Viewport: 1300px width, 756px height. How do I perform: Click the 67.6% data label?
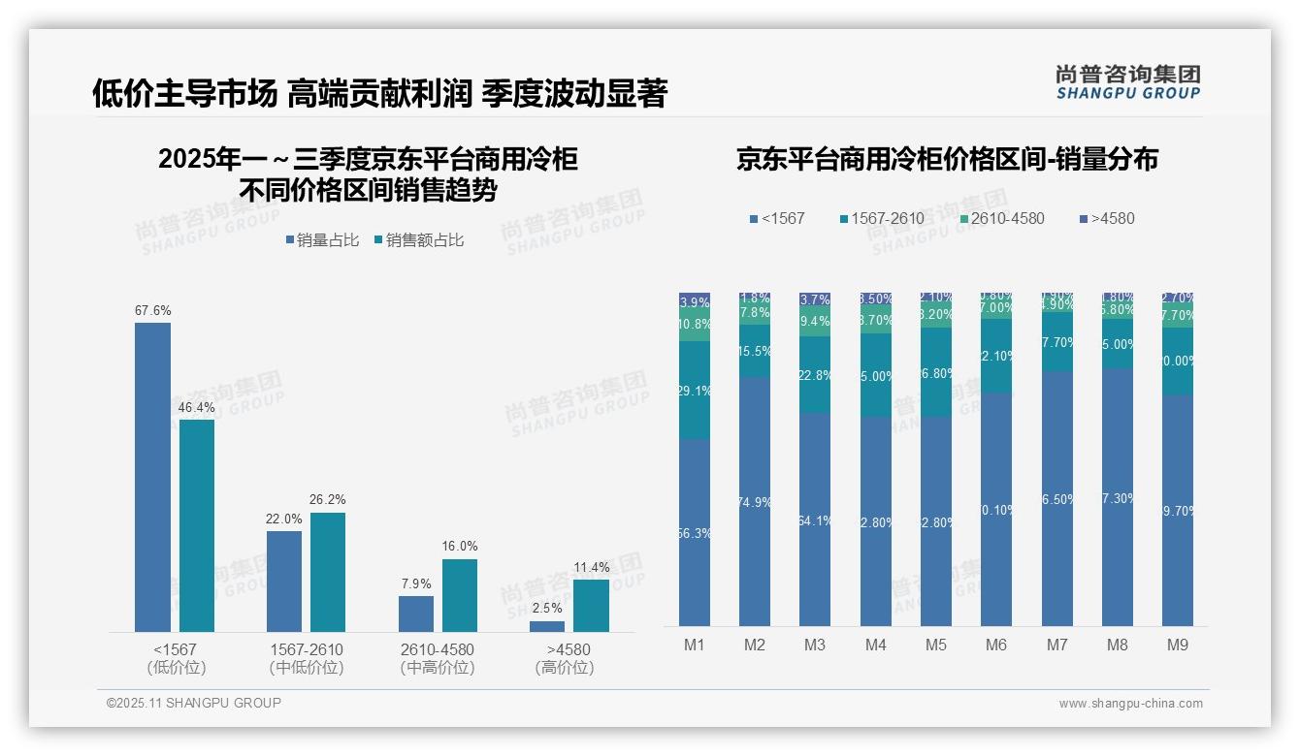tap(153, 311)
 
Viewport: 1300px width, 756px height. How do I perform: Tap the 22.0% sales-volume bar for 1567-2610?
tap(284, 581)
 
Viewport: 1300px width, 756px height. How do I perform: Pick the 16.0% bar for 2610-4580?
tap(460, 595)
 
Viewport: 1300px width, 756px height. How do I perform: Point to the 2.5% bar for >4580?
tap(547, 626)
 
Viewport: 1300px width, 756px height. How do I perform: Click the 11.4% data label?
tap(592, 567)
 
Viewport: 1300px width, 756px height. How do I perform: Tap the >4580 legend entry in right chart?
tap(1105, 219)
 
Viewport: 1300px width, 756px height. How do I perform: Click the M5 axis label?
tap(935, 646)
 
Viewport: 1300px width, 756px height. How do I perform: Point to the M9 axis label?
tap(1177, 646)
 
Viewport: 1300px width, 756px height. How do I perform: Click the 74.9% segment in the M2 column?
tap(755, 501)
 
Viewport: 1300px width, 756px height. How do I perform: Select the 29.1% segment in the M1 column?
tap(695, 391)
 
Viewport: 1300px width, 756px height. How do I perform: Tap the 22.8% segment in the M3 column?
tap(815, 375)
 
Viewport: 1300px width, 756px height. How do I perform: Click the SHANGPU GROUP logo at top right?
tap(1127, 82)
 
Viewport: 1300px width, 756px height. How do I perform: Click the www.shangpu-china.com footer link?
tap(1130, 704)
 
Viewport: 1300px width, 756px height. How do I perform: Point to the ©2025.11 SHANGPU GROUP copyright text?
tap(194, 704)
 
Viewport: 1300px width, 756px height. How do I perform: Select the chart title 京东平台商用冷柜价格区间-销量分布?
tap(947, 160)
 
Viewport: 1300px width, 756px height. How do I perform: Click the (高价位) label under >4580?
tap(565, 668)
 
